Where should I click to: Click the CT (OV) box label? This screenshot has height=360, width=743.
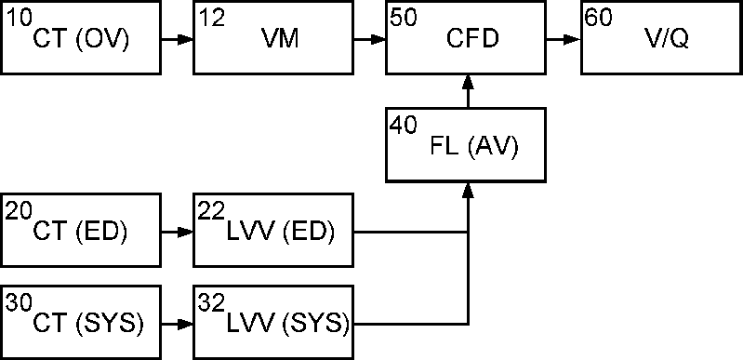pos(81,40)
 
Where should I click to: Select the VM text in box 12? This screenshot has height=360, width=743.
pos(280,40)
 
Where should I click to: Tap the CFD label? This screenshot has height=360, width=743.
pos(472,40)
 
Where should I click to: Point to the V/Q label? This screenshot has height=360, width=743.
pos(666,40)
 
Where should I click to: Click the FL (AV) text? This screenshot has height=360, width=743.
pos(474,148)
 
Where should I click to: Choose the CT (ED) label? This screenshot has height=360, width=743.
pos(80,233)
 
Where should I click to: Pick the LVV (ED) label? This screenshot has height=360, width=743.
pos(281,233)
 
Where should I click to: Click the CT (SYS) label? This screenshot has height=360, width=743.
pos(88,325)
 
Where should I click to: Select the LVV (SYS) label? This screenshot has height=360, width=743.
pos(288,325)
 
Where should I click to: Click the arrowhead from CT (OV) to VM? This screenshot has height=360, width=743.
pos(186,40)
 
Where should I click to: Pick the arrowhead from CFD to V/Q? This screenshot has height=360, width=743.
pos(573,40)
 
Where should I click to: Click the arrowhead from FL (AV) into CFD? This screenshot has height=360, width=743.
pos(468,83)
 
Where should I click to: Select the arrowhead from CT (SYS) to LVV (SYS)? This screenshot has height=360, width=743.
pos(186,325)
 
